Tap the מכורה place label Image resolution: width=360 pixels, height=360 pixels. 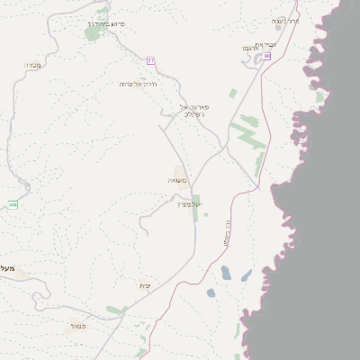33,65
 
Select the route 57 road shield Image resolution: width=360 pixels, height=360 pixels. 151,59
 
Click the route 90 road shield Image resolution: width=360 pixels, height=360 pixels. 267,56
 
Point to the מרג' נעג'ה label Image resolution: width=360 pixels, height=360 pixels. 286,21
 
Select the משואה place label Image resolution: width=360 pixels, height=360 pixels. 177,181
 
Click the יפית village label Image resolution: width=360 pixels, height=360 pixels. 144,285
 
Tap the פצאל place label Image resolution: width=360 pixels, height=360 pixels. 78,325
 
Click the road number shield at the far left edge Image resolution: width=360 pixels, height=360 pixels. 13,204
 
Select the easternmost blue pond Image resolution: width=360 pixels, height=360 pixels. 246,275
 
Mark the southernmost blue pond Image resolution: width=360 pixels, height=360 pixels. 211,292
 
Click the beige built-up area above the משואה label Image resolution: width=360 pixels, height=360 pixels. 180,170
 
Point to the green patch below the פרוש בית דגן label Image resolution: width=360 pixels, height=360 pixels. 93,33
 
